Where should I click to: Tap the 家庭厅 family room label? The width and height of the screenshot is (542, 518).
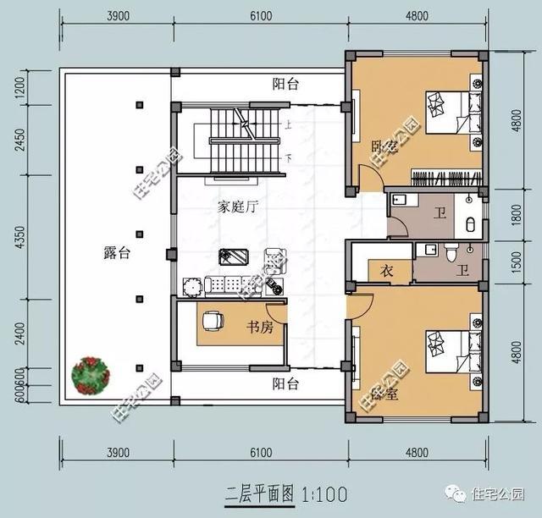(237, 206)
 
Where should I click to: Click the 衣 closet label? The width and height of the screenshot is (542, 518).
(385, 271)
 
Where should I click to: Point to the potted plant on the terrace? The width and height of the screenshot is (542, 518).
(90, 374)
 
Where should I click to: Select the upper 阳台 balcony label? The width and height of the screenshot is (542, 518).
(285, 84)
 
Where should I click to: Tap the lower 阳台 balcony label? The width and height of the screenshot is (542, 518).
(285, 384)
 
